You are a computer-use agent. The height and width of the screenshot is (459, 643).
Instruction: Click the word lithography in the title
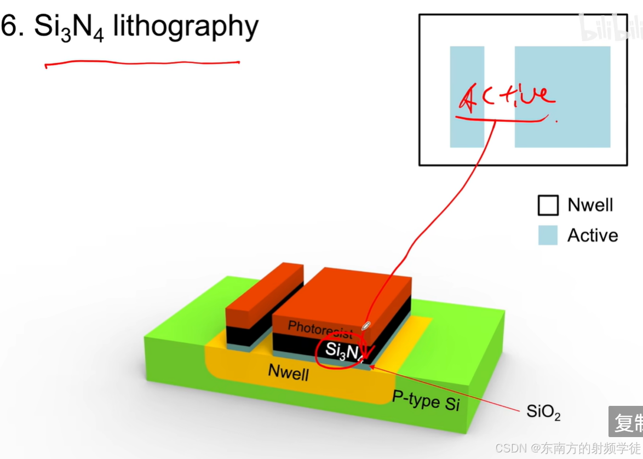click(x=186, y=27)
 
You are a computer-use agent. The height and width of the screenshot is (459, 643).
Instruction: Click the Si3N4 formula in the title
click(x=69, y=27)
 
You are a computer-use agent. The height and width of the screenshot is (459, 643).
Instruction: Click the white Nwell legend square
click(x=548, y=205)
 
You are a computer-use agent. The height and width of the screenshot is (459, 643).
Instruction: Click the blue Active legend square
click(x=548, y=235)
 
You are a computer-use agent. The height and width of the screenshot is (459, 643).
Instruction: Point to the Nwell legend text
click(x=590, y=205)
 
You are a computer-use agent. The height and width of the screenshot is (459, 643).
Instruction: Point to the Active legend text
click(x=593, y=236)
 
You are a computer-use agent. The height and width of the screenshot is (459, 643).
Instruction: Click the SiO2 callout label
click(x=543, y=412)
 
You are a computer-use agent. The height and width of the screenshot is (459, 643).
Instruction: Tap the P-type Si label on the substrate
click(x=426, y=401)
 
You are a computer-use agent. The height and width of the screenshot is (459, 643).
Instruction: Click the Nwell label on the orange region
click(x=288, y=372)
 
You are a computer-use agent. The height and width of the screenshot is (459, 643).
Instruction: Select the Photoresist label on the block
click(x=320, y=329)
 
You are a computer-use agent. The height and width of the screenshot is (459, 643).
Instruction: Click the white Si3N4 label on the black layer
click(x=344, y=351)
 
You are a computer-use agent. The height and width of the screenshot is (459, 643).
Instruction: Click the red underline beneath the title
click(x=142, y=64)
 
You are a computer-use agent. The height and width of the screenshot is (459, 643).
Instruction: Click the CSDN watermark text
click(x=567, y=449)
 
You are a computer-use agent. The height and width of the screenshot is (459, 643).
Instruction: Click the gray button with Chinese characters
click(x=627, y=421)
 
